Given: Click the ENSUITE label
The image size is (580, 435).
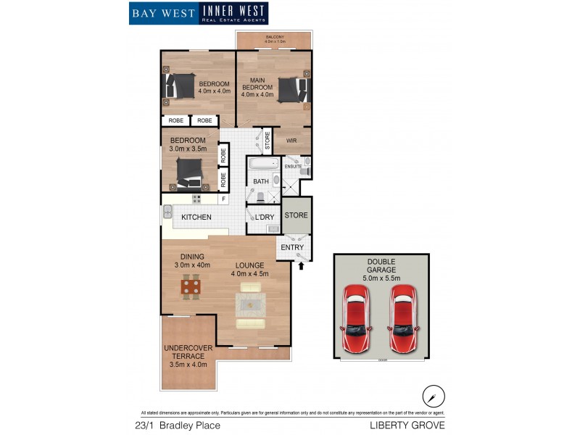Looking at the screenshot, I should point(293,167).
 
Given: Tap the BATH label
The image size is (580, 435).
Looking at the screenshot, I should point(261,182).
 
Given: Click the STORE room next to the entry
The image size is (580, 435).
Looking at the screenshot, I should point(296,215).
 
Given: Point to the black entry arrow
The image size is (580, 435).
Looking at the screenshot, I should point(302,267).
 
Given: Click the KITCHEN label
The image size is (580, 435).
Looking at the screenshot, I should point(196,217).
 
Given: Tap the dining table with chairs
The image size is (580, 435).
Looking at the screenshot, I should point(191,286).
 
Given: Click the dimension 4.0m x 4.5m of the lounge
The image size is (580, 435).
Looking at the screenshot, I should point(249,274).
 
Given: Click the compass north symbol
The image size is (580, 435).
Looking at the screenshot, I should point(433,396).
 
